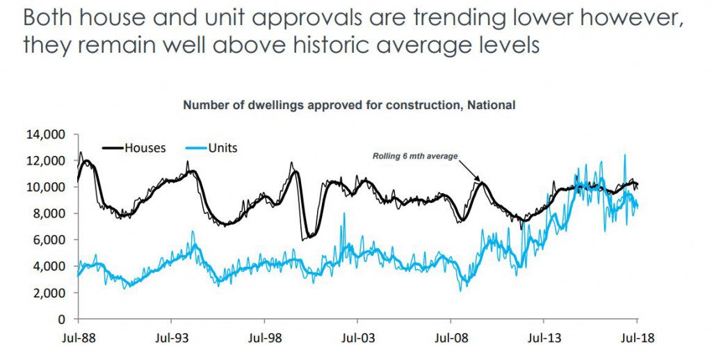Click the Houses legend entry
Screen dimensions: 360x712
[145, 147]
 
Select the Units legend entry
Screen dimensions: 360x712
[223, 147]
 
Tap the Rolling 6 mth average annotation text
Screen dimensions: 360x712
[415, 156]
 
